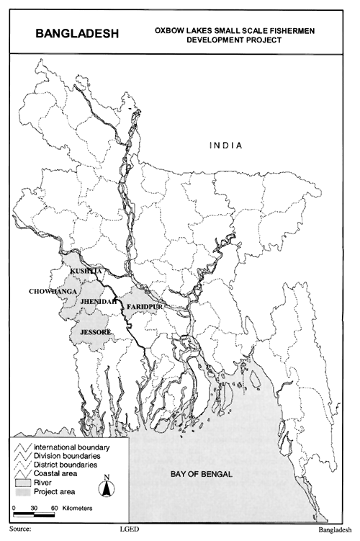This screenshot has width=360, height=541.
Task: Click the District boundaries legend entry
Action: tap(60, 465)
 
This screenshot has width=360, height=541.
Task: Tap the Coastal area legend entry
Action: tap(51, 474)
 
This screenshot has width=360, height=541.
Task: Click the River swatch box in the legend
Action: tap(22, 483)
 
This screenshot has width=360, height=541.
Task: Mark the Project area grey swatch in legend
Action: tap(22, 492)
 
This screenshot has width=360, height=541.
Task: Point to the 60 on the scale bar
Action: tap(55, 509)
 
